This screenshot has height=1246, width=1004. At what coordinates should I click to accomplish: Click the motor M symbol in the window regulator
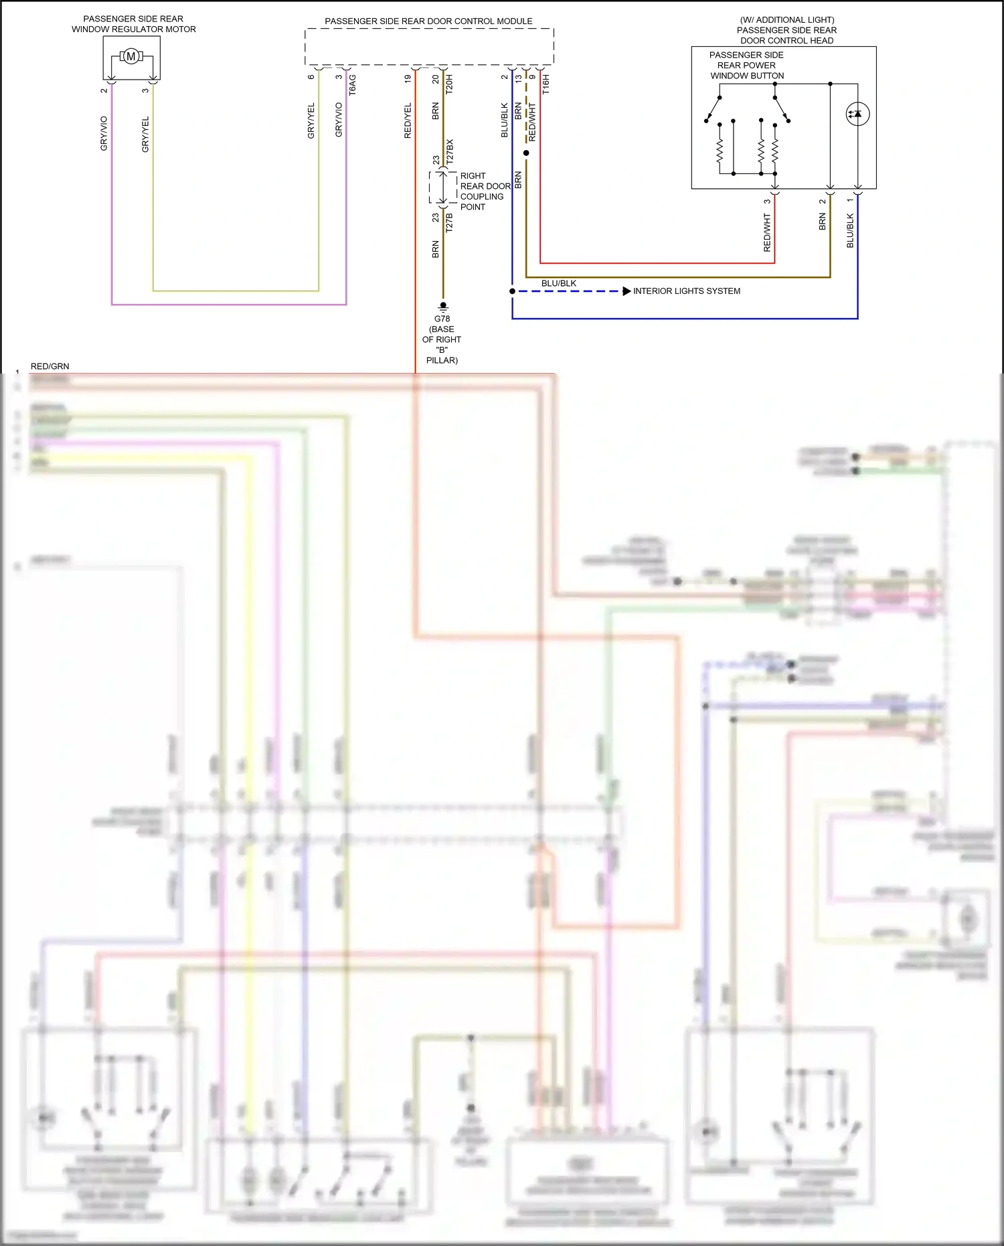click(131, 56)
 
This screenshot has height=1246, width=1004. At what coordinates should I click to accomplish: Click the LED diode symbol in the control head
click(857, 114)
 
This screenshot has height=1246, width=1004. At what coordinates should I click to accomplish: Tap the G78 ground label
click(442, 319)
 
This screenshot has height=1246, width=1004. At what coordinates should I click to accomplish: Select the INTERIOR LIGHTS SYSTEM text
click(686, 291)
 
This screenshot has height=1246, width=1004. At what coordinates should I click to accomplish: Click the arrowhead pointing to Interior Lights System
click(626, 291)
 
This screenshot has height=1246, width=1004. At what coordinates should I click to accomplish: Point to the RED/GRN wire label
click(50, 366)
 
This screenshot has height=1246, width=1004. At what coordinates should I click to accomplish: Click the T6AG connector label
click(353, 84)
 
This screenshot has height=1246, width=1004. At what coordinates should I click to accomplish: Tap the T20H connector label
click(449, 84)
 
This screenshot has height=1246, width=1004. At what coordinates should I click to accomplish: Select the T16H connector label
click(546, 84)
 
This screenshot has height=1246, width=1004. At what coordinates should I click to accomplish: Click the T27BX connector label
click(450, 152)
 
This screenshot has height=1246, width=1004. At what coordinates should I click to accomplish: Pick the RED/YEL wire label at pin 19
click(408, 121)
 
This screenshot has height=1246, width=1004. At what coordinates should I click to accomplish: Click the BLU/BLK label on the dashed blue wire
click(558, 283)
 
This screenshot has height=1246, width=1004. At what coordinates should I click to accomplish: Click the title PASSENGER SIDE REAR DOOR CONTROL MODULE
click(428, 21)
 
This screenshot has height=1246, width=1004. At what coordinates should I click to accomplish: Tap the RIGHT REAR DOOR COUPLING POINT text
click(485, 191)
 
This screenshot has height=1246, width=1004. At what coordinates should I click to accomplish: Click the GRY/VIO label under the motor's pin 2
click(104, 133)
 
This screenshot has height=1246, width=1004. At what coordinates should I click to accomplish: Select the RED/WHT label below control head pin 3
click(767, 233)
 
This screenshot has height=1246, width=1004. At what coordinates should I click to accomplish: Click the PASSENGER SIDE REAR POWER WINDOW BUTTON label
click(746, 66)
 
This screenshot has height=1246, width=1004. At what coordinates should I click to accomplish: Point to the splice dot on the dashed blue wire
click(512, 291)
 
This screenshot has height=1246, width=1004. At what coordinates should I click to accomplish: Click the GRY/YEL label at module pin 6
click(311, 121)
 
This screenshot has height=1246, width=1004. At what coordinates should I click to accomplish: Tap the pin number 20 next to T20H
click(436, 79)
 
